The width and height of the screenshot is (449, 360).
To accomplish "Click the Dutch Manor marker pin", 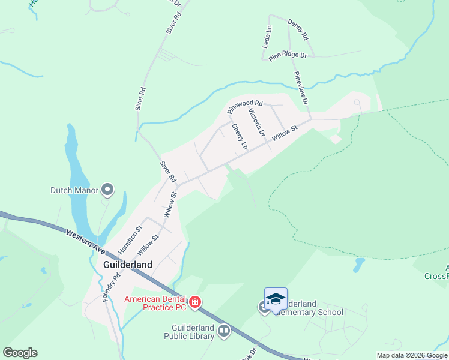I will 108,191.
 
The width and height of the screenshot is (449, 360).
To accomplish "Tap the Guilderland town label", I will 127,264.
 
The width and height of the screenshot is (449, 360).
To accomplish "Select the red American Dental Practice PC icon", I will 194,302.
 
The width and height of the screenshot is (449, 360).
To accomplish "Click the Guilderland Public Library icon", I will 224,330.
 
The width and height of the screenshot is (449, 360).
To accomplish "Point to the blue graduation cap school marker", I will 276,299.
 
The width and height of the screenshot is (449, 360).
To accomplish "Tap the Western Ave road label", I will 83,241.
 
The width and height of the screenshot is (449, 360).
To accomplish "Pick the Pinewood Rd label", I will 245,107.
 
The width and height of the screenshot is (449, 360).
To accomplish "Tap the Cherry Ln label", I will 240,137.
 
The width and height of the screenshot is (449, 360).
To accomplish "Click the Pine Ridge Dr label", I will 288,55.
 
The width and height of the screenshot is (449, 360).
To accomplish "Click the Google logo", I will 20,353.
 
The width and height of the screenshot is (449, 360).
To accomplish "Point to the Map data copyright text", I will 412,355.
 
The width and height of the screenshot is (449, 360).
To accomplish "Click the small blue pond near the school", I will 360,263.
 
